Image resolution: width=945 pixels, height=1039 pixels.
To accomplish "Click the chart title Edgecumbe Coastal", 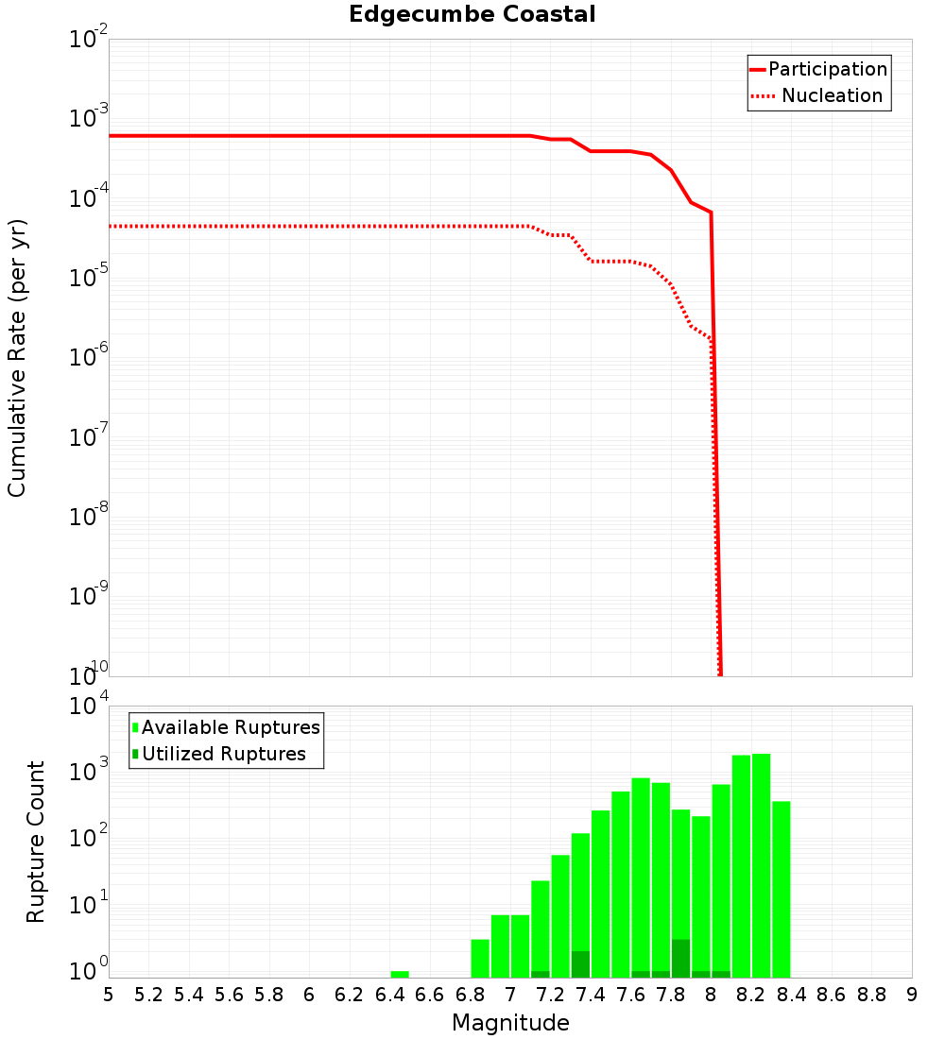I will point(472,14).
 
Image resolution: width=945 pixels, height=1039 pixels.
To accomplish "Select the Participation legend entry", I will point(827,69).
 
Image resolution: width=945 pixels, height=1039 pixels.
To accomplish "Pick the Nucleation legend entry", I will point(832,96).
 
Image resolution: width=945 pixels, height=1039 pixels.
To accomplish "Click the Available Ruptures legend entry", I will point(231,727).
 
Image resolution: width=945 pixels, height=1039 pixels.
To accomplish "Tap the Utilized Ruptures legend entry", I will point(223,754).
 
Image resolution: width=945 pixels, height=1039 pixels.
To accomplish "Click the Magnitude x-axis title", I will point(510,1023).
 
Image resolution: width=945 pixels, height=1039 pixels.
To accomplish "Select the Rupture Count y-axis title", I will point(36,842).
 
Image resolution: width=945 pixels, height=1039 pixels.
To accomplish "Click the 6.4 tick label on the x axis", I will point(389,995).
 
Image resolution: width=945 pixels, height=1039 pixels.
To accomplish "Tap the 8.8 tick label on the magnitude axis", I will point(871,995).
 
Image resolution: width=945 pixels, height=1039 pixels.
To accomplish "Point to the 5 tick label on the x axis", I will point(109,995).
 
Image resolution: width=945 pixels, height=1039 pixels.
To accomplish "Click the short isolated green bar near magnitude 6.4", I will point(400,974).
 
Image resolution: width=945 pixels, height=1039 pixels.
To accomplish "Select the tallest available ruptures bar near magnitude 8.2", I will point(761,865).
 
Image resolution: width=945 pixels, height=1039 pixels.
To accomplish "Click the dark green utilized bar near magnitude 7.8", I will point(680,958).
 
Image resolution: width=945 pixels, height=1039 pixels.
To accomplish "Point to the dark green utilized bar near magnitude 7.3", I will point(580,963).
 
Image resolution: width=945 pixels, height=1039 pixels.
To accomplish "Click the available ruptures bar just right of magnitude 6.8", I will point(480,958).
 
